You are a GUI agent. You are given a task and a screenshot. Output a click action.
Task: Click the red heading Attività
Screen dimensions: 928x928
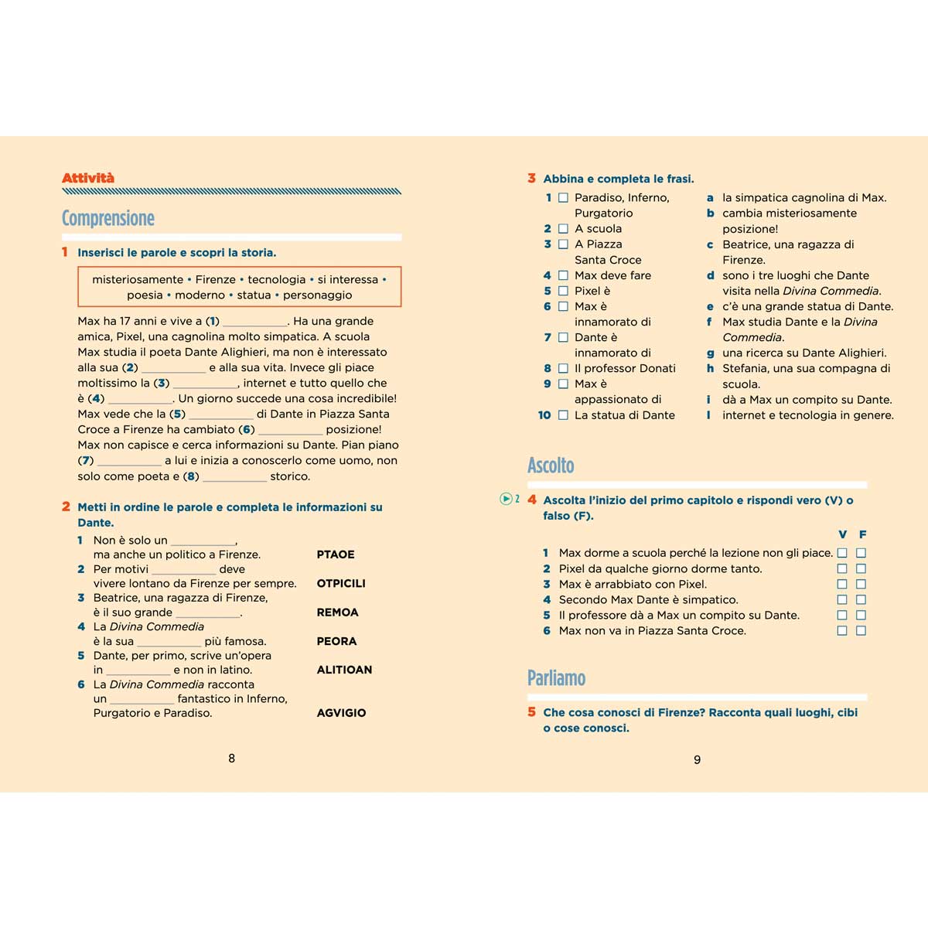(88, 179)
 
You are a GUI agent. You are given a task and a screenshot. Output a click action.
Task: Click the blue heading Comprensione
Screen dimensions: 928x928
(108, 219)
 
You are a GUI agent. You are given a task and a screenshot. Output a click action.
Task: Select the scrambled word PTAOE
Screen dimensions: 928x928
(336, 554)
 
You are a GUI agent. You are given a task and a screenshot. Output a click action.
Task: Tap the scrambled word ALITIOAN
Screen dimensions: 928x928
(344, 670)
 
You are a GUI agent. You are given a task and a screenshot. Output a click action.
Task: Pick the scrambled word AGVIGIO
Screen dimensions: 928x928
(341, 713)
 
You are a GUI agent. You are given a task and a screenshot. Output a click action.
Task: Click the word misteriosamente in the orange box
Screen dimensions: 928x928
(138, 279)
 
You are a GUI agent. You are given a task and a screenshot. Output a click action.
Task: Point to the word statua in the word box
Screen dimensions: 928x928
(254, 295)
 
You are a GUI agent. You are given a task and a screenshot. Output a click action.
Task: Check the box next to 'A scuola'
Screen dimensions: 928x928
(563, 229)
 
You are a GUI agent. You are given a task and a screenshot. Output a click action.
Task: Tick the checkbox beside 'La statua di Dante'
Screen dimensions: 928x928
(563, 415)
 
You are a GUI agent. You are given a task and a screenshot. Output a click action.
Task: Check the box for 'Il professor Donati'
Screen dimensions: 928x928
(563, 369)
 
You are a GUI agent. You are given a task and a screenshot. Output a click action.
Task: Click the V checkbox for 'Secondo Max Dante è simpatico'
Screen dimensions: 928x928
(842, 600)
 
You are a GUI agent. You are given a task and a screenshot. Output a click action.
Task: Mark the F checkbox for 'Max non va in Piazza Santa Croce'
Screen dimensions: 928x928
(861, 631)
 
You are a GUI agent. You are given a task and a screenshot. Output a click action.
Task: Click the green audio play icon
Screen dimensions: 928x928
(506, 500)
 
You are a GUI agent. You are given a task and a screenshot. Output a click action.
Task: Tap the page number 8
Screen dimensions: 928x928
(231, 759)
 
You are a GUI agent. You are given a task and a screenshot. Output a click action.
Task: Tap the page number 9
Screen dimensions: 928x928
(697, 760)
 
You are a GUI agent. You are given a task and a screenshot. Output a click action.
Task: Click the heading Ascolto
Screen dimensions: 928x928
(551, 466)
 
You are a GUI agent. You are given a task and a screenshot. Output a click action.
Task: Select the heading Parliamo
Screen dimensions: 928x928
(556, 678)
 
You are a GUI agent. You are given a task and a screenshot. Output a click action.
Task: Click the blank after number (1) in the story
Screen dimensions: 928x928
(254, 322)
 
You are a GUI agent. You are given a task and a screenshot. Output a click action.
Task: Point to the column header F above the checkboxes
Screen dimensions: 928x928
(862, 534)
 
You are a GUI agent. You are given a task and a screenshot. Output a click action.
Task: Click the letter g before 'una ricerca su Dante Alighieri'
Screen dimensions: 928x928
(710, 353)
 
